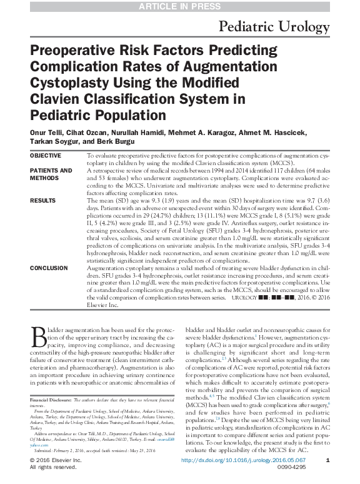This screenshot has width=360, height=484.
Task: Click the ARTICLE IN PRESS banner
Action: point(180,6)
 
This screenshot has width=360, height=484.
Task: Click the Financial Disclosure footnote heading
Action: point(51,398)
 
